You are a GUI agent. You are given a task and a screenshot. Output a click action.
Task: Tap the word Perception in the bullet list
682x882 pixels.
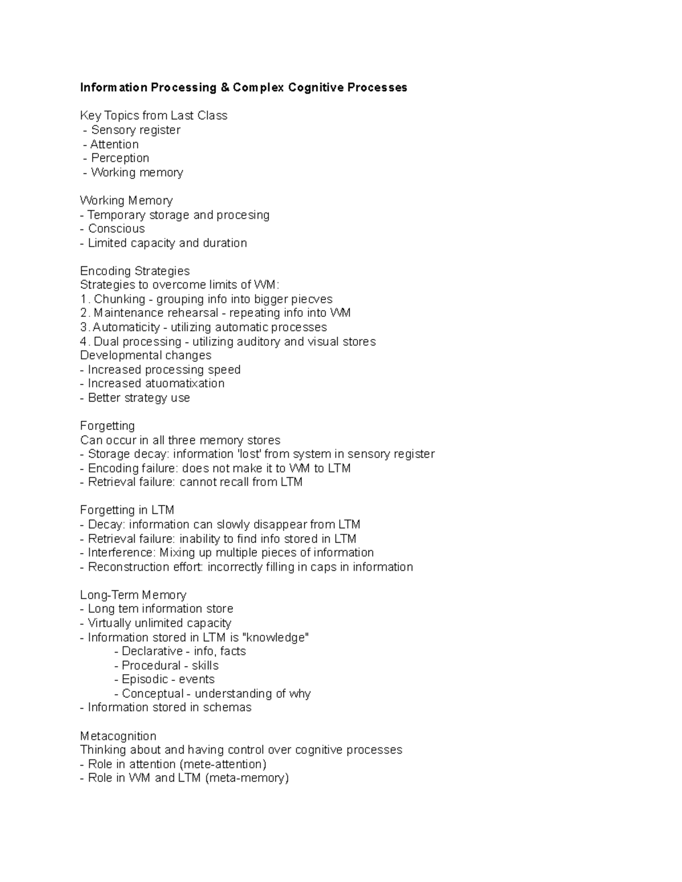[120, 158]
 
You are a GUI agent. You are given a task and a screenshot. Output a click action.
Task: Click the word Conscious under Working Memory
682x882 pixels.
[116, 228]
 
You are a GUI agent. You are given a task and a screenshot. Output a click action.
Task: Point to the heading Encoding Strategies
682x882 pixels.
[135, 271]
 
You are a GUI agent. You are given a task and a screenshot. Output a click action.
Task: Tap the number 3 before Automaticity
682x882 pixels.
[84, 327]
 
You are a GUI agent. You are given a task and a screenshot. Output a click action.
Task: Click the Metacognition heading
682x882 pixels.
[118, 736]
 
